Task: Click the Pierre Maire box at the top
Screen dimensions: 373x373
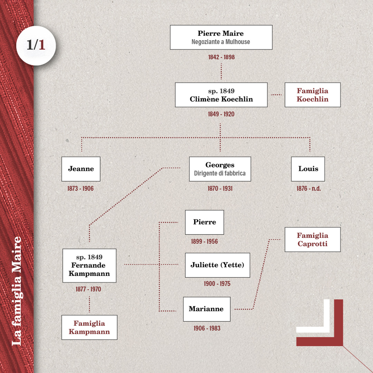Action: pyautogui.click(x=221, y=37)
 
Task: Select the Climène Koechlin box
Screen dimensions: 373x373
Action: pyautogui.click(x=221, y=95)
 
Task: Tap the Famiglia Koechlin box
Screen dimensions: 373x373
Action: pyautogui.click(x=313, y=95)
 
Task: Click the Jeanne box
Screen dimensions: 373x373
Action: pyautogui.click(x=81, y=169)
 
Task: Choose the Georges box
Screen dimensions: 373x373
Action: pyautogui.click(x=220, y=169)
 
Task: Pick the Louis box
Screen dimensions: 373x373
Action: pyautogui.click(x=308, y=169)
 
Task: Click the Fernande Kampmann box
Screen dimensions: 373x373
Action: pyautogui.click(x=89, y=266)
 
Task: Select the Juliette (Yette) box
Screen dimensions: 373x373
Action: pyautogui.click(x=217, y=265)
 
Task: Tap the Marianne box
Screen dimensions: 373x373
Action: pyautogui.click(x=207, y=309)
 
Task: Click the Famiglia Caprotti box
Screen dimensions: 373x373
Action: pyautogui.click(x=313, y=240)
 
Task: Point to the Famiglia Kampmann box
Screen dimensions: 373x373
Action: pyautogui.click(x=89, y=327)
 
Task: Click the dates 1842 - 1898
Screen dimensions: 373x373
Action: pyautogui.click(x=221, y=57)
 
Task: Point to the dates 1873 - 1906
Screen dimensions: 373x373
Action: pyautogui.click(x=80, y=189)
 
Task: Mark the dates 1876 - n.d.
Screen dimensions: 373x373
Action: pyautogui.click(x=308, y=189)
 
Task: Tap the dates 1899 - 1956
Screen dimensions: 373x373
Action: pyautogui.click(x=204, y=241)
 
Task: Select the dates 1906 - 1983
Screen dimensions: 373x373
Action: pyautogui.click(x=207, y=328)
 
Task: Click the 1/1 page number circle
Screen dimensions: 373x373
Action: pyautogui.click(x=36, y=46)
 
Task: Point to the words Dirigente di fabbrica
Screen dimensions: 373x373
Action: pyautogui.click(x=220, y=173)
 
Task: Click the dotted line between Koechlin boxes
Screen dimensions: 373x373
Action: pyautogui.click(x=276, y=95)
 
